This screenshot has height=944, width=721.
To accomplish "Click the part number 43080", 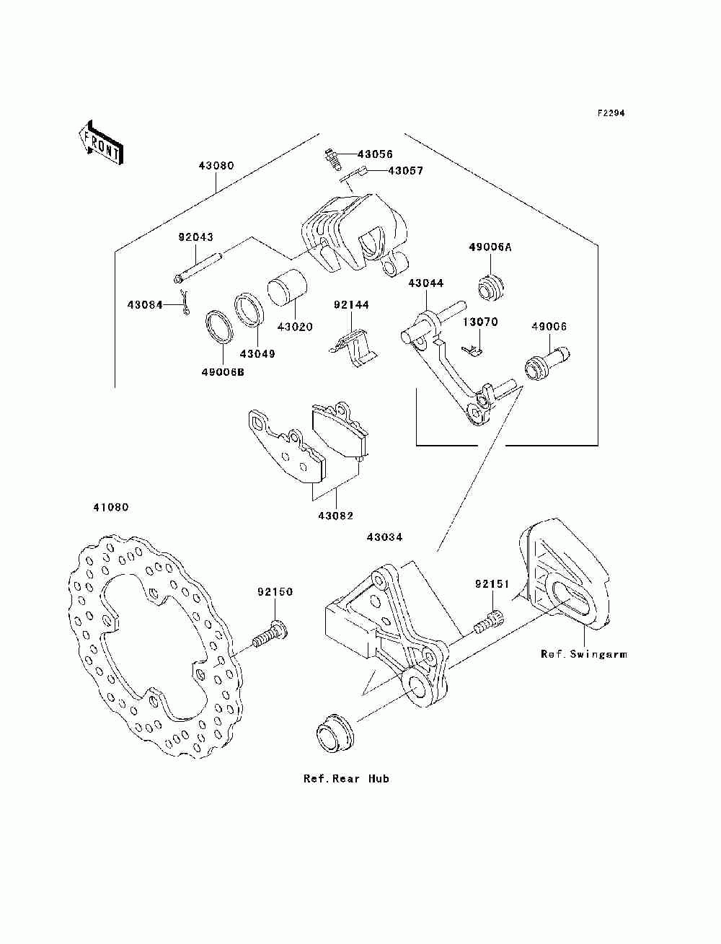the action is point(216,166).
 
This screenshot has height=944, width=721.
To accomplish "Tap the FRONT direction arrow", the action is point(102,143).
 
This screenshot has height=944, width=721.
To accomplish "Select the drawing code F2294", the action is point(611,113).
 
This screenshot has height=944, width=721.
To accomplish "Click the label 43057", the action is point(405,171).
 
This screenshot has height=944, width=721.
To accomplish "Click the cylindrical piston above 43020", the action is point(287,288).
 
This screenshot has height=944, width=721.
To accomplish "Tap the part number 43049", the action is point(257,353).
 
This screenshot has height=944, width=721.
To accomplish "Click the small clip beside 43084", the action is point(185,302).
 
